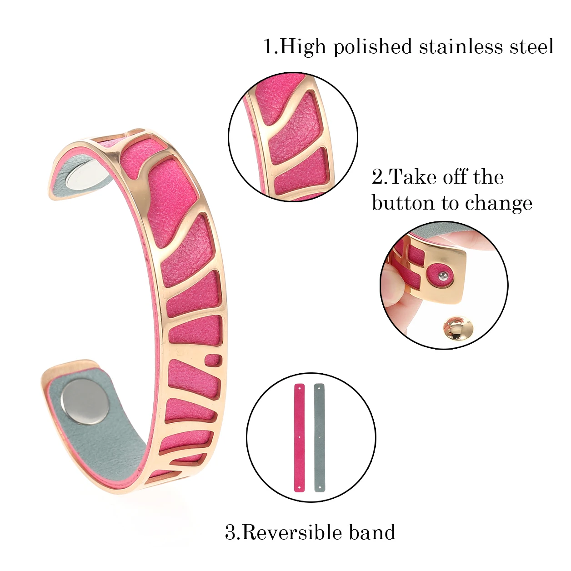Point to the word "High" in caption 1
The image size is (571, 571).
[x=303, y=47]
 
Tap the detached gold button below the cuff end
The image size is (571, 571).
[x=457, y=327]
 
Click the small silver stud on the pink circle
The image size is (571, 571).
[x=441, y=275]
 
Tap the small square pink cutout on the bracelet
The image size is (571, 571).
[x=213, y=361]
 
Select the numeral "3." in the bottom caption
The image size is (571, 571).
[x=232, y=532]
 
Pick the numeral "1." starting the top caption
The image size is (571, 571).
[x=270, y=47]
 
